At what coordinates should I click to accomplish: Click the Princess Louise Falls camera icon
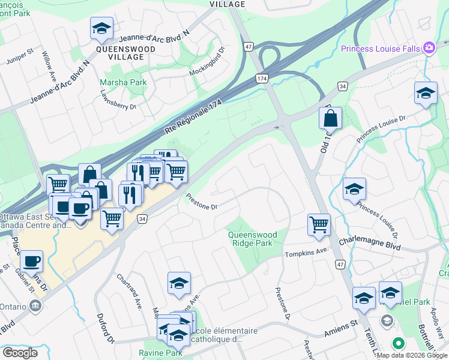429,47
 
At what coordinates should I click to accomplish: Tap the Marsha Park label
124,82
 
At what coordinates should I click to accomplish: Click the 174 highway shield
262,79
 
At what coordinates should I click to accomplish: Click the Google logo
20,353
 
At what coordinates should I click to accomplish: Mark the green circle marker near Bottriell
397,344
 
